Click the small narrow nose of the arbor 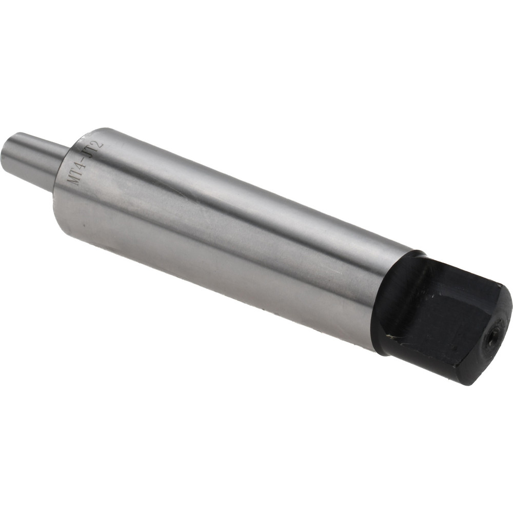(x=36, y=159)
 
